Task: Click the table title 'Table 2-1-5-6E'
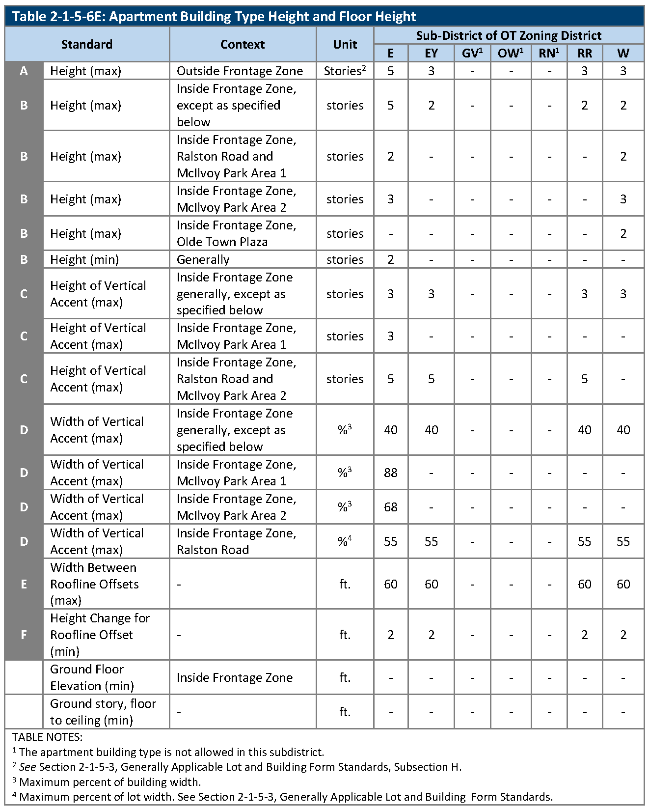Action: (214, 17)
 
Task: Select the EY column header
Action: (431, 53)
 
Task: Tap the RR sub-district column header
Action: (584, 53)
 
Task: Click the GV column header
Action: (472, 53)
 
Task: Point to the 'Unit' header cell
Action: (345, 44)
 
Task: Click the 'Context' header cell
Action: (243, 44)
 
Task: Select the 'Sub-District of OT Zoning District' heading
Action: (509, 35)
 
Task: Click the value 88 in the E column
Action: (391, 473)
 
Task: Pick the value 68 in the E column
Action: (391, 507)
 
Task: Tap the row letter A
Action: (24, 71)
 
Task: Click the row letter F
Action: (24, 635)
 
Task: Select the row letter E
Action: (24, 584)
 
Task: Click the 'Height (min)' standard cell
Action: (84, 259)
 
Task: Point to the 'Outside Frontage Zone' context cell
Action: (240, 71)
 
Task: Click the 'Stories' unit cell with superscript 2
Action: (345, 71)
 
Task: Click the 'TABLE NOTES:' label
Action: (47, 737)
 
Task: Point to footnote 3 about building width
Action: (107, 782)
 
